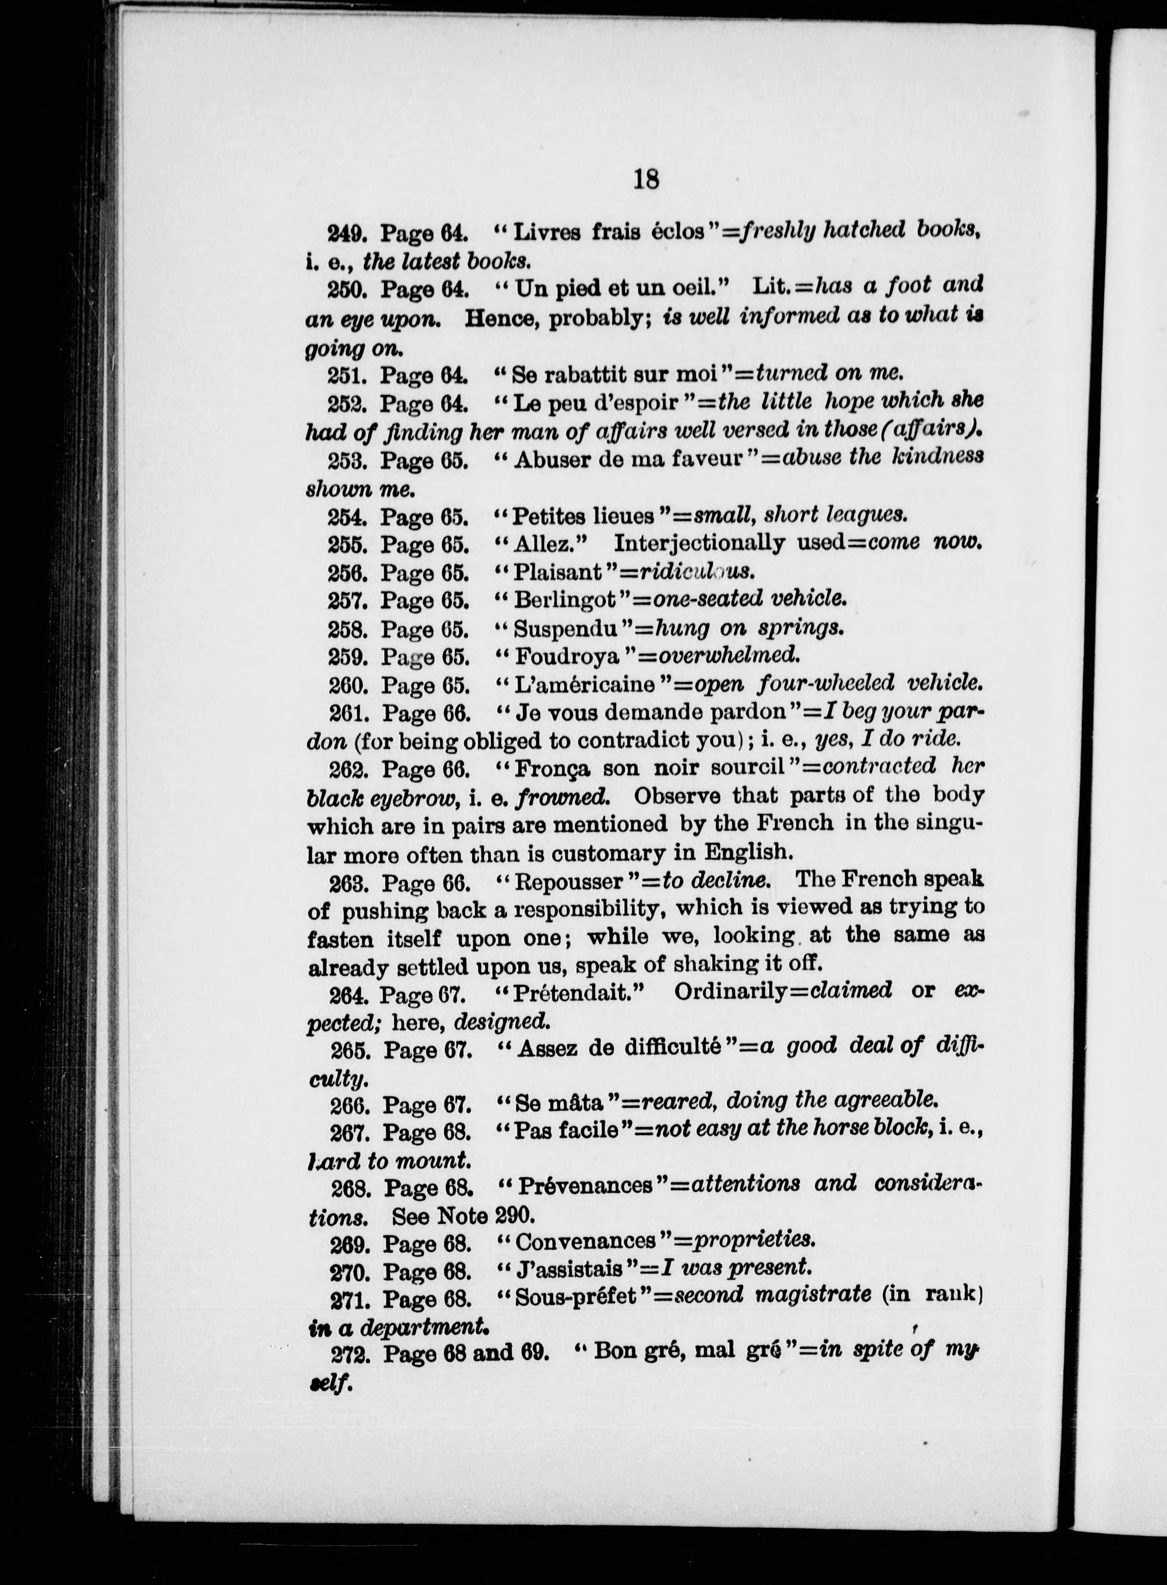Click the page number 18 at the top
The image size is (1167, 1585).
(x=646, y=179)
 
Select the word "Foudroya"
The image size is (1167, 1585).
(x=567, y=657)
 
